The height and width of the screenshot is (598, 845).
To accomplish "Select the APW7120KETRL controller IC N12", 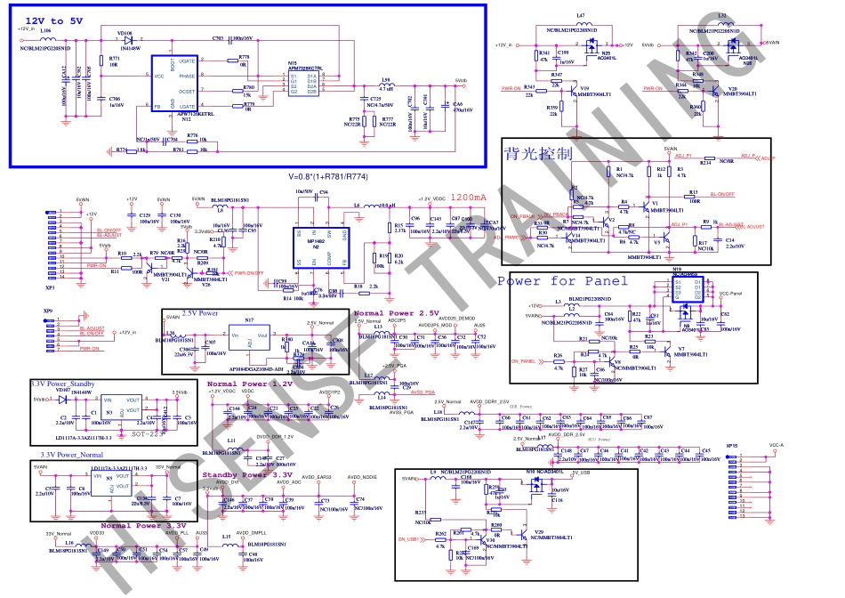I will pyautogui.click(x=175, y=85).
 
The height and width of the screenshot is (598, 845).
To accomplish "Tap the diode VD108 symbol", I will pyautogui.click(x=130, y=40).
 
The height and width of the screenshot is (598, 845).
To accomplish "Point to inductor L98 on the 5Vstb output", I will pyautogui.click(x=385, y=84).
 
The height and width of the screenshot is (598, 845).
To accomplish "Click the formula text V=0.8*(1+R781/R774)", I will pyautogui.click(x=327, y=176).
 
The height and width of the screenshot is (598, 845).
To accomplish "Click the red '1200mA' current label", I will pyautogui.click(x=469, y=198).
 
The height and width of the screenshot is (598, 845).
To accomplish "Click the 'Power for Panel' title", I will pyautogui.click(x=561, y=281).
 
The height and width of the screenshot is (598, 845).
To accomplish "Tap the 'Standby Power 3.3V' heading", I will pyautogui.click(x=247, y=475).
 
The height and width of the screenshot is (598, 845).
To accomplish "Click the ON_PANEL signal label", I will pyautogui.click(x=523, y=360).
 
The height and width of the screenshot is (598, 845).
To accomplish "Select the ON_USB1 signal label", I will pyautogui.click(x=408, y=540).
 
